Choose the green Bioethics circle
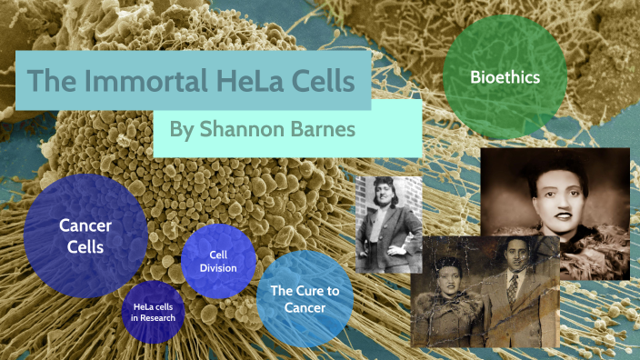(505, 78)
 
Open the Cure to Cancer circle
(292, 298)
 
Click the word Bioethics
(505, 78)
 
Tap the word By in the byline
(182, 129)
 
